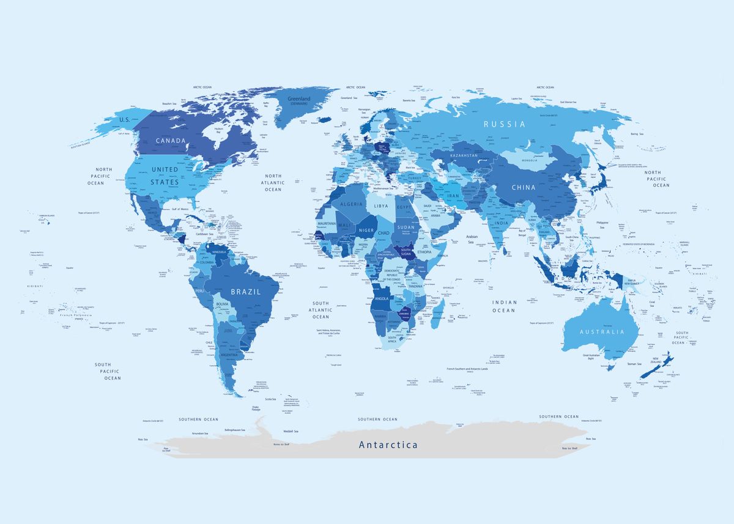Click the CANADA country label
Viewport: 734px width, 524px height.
click(170, 141)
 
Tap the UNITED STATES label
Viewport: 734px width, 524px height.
click(165, 175)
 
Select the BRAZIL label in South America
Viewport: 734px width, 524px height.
click(245, 292)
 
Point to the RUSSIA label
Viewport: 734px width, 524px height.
click(504, 124)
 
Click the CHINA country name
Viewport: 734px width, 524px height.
click(524, 187)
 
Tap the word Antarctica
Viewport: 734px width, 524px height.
click(388, 445)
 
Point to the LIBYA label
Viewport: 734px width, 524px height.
click(380, 206)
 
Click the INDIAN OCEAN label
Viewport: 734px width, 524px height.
click(504, 306)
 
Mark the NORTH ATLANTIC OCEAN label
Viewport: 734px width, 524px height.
click(273, 182)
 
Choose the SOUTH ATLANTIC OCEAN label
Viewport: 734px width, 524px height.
click(321, 310)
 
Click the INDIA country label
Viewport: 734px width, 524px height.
click(501, 223)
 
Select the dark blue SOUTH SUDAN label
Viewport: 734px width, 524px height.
click(406, 251)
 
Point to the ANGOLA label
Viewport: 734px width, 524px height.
click(381, 298)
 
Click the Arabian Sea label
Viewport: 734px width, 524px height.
click(471, 239)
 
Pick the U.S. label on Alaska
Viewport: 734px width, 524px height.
click(125, 120)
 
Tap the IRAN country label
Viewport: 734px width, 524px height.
click(453, 196)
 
